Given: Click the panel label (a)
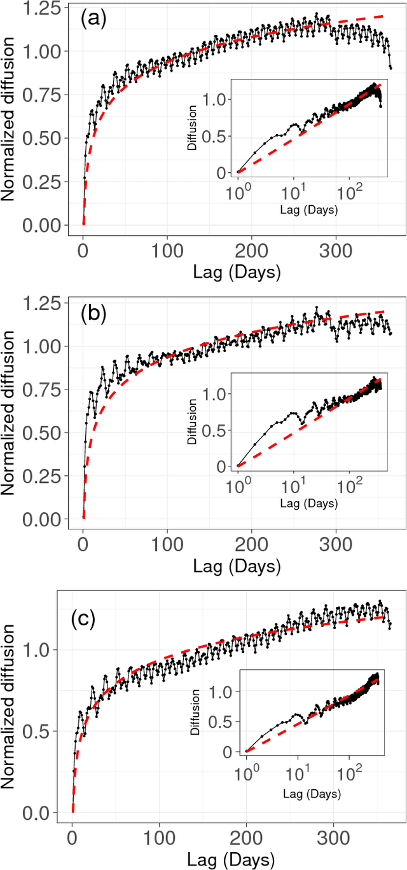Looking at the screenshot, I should tap(93, 19).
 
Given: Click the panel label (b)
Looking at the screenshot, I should tap(93, 315).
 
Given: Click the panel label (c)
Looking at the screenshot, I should tap(83, 619).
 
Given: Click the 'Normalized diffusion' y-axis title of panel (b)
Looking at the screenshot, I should tap(11, 410).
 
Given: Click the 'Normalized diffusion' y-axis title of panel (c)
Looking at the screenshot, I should tap(11, 705).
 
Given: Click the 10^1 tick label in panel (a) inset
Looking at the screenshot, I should tap(293, 191).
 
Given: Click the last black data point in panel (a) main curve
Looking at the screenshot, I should tap(390, 67).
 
